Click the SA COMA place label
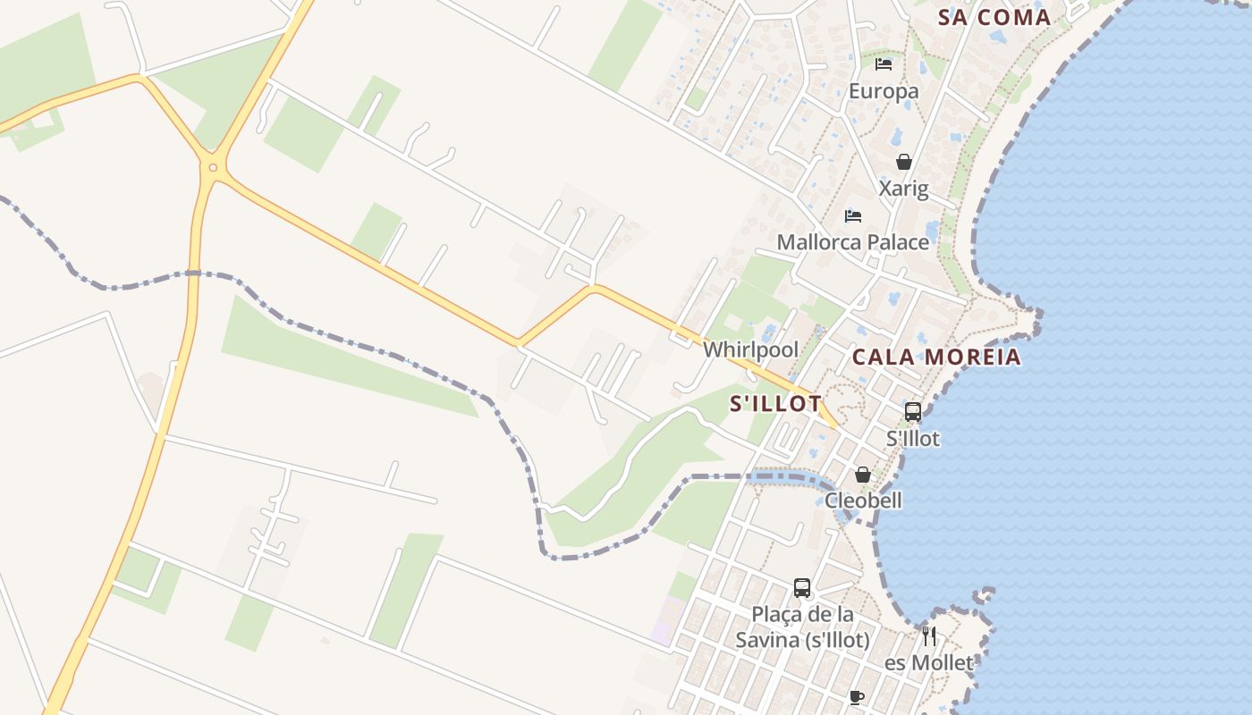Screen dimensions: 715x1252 (x=994, y=18)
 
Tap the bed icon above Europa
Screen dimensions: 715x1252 (x=884, y=64)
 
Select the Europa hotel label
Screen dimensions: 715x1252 (x=884, y=91)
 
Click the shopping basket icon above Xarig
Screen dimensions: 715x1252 (x=903, y=162)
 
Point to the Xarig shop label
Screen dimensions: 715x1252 (x=903, y=189)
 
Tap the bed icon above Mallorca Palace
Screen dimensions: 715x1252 (x=853, y=215)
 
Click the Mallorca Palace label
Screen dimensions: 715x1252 (x=853, y=242)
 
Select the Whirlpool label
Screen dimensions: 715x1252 (x=750, y=349)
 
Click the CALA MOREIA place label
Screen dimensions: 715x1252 (x=936, y=357)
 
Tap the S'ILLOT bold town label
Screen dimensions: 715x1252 (x=775, y=404)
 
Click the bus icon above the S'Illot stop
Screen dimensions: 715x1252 (x=912, y=412)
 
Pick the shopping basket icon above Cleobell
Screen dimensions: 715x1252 (x=863, y=475)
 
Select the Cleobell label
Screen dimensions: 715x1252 (x=863, y=500)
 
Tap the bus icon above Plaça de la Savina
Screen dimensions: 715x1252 (x=802, y=588)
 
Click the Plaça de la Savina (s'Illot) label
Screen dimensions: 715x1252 (x=802, y=627)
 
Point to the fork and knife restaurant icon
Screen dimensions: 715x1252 (x=929, y=636)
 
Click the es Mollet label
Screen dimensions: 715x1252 (x=929, y=663)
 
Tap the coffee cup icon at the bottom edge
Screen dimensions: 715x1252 (x=857, y=697)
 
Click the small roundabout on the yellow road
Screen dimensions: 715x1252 (x=213, y=167)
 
